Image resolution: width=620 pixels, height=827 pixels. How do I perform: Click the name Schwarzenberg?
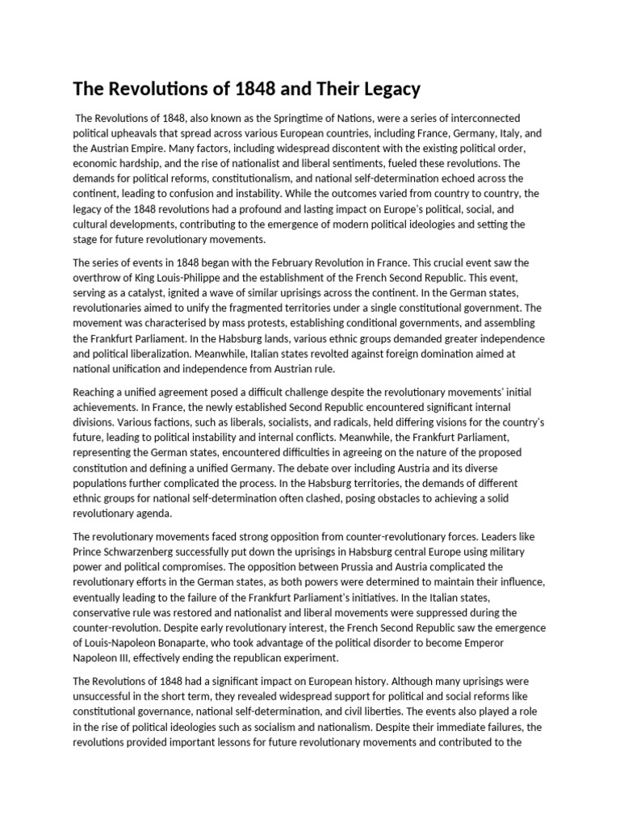(x=151, y=552)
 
